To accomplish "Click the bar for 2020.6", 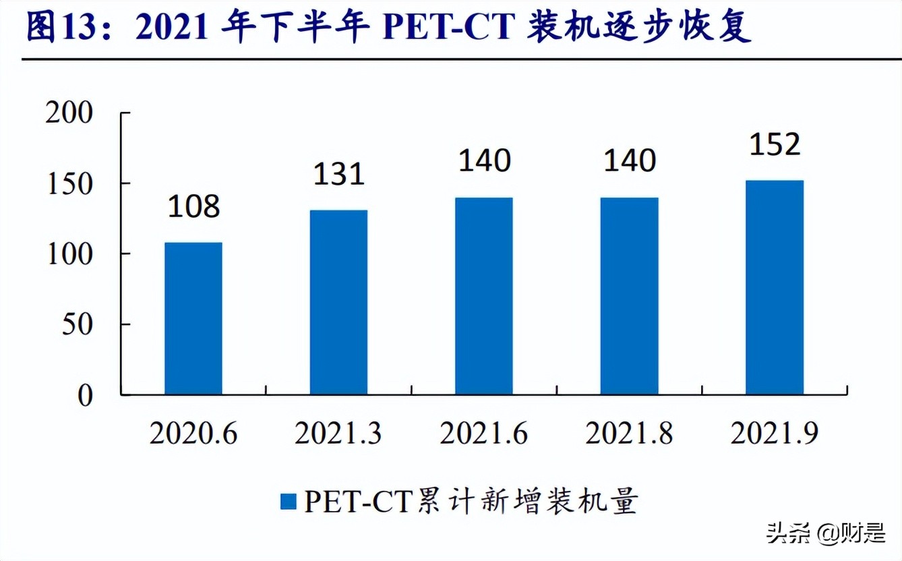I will (x=193, y=318).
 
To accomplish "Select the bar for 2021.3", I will (x=338, y=302).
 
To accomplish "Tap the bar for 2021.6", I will (x=483, y=296).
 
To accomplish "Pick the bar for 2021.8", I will (x=629, y=296).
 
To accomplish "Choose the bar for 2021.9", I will (x=775, y=287).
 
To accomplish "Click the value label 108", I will (x=193, y=206).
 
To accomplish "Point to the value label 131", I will (x=338, y=174).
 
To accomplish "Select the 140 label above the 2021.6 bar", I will (x=483, y=160).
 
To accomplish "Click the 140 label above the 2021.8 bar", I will (x=629, y=160).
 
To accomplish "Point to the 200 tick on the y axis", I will (x=69, y=113).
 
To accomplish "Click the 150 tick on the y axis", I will (x=69, y=183).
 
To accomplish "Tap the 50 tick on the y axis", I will (x=77, y=324).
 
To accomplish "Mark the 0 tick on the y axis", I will (x=85, y=395).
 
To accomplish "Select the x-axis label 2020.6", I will (x=193, y=434).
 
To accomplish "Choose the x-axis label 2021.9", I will (x=775, y=434).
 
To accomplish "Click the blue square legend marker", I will (x=288, y=502).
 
